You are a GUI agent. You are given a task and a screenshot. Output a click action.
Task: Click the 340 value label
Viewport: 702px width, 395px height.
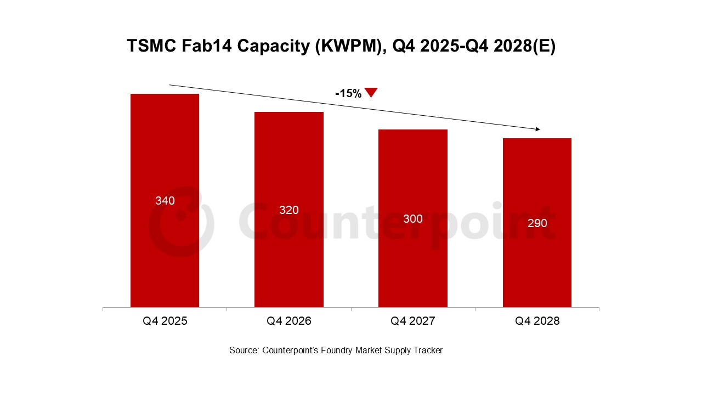pos(165,201)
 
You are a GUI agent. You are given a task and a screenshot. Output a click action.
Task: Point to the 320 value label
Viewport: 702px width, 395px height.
pos(288,210)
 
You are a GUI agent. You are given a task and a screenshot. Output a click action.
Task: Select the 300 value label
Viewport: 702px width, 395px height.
pos(412,219)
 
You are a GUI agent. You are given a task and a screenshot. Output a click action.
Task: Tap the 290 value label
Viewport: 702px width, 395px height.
pos(537,223)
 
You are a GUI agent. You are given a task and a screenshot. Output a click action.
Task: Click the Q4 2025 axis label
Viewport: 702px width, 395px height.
pos(165,321)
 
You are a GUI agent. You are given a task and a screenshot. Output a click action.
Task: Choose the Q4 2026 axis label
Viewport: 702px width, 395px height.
pos(288,321)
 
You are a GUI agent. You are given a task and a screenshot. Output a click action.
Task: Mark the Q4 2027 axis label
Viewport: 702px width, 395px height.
pos(412,321)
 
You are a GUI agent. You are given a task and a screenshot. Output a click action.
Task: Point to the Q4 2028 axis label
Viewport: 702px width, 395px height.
pos(537,321)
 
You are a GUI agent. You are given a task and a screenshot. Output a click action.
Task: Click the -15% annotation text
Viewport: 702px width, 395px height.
pos(348,94)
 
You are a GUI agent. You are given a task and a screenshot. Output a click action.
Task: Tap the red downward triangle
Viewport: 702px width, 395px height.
pos(371,92)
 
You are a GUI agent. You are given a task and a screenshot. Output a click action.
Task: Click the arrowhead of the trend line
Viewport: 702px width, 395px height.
pos(537,129)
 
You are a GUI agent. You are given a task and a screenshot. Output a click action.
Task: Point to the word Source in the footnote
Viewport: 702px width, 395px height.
pos(244,350)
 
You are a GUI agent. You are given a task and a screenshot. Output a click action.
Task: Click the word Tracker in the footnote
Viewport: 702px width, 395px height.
pos(427,350)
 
